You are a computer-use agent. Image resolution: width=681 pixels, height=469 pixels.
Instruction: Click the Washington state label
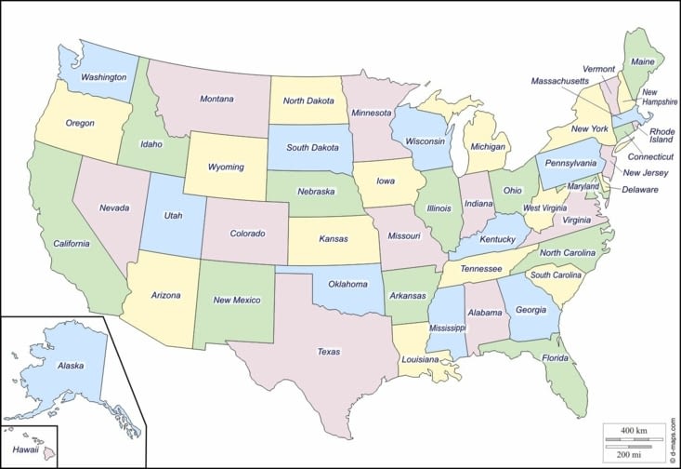pos(103,76)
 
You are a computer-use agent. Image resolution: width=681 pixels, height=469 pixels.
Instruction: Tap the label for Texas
pos(328,352)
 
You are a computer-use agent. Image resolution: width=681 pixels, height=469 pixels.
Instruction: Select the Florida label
pos(555,357)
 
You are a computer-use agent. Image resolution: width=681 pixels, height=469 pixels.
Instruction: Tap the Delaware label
pos(640,190)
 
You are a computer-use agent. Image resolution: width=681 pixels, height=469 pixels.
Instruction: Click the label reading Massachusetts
pos(565,82)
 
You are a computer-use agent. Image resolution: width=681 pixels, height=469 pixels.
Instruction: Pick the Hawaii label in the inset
pos(24,449)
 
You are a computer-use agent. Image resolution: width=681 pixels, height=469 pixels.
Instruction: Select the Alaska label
pos(71,366)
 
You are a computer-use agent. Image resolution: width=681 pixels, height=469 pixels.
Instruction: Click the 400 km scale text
pos(634,431)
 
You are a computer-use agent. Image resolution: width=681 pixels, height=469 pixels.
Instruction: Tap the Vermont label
pos(598,69)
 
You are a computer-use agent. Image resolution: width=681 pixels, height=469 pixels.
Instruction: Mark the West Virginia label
pos(544,208)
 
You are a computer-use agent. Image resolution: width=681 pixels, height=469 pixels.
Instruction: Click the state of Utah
pos(173,216)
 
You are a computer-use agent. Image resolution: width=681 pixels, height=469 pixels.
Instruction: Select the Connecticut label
pos(648,157)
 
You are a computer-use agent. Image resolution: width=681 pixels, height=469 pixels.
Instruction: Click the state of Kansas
pos(333,240)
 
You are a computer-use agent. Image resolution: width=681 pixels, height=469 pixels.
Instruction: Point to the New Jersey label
pos(645,173)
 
